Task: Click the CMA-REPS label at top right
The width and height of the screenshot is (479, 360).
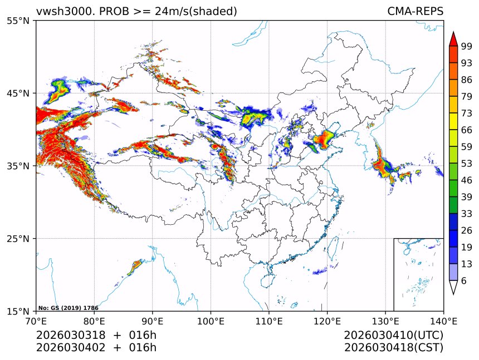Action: [416, 11]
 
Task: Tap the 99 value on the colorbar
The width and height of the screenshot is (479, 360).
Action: [466, 46]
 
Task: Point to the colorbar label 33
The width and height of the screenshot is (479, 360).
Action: [466, 214]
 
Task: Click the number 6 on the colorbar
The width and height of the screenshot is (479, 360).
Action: [464, 281]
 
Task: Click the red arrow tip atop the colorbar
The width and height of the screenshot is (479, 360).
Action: [453, 39]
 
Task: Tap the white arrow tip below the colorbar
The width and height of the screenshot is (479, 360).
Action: [453, 288]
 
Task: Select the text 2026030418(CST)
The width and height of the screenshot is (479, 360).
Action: [393, 348]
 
